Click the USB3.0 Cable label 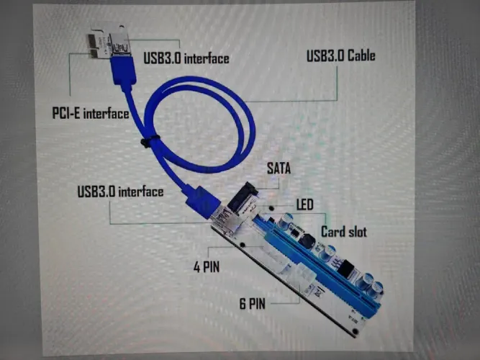pyautogui.click(x=340, y=55)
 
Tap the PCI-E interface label pyautogui.click(x=91, y=113)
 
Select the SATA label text pyautogui.click(x=279, y=168)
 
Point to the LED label pyautogui.click(x=304, y=204)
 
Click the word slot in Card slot pyautogui.click(x=356, y=232)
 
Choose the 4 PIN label pyautogui.click(x=207, y=267)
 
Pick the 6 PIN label pyautogui.click(x=253, y=304)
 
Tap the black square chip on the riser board pyautogui.click(x=347, y=269)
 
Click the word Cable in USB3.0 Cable pyautogui.click(x=361, y=55)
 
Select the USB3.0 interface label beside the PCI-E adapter pyautogui.click(x=186, y=58)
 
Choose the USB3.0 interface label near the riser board pyautogui.click(x=120, y=192)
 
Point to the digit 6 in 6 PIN pyautogui.click(x=243, y=304)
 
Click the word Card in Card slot pyautogui.click(x=332, y=232)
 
